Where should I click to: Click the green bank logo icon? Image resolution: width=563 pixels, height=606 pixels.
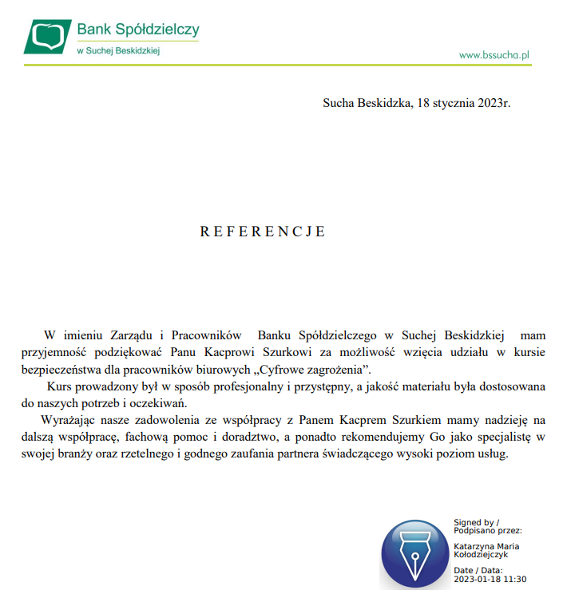(48, 37)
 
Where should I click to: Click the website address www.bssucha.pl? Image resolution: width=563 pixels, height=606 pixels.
(495, 55)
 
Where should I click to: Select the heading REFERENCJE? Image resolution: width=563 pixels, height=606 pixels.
(263, 232)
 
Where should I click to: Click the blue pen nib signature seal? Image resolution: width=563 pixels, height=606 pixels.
(414, 554)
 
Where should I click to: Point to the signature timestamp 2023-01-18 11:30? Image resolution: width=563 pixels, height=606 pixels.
(490, 580)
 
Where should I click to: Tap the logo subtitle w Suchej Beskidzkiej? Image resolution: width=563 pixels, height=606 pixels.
(119, 50)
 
